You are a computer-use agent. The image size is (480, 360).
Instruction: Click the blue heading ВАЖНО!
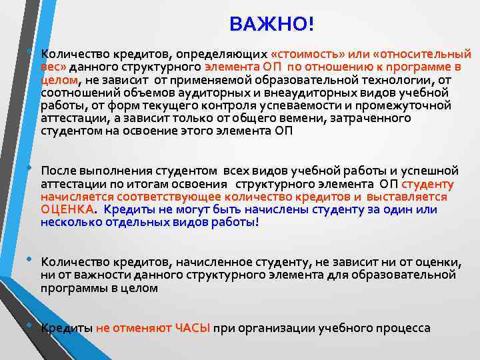pyautogui.click(x=271, y=24)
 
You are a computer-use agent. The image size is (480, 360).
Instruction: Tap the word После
pyautogui.click(x=59, y=171)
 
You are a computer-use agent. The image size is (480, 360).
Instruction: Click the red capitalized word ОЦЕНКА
pyautogui.click(x=67, y=209)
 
